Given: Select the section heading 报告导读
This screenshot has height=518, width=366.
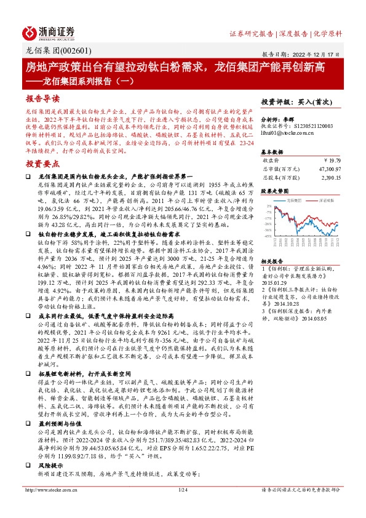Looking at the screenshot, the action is point(42,98).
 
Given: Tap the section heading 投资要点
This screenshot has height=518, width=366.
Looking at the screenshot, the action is point(42,164).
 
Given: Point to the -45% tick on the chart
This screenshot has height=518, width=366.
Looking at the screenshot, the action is point(268,236).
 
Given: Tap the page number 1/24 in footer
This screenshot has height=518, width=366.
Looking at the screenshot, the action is point(183,507).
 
